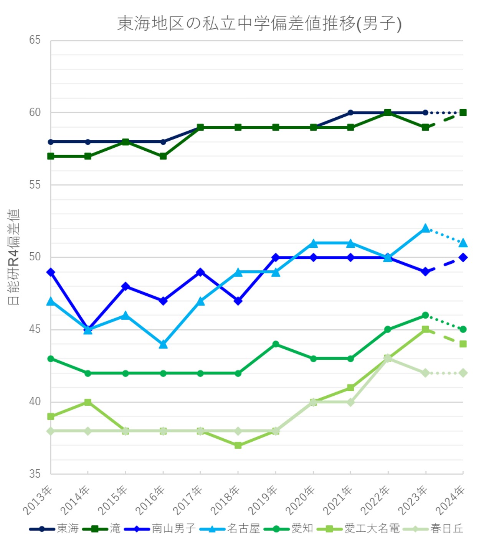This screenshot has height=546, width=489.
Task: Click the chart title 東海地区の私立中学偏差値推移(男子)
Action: tap(259, 23)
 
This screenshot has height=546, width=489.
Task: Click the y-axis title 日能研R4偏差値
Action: tap(13, 257)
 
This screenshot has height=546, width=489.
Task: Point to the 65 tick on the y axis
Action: tap(35, 40)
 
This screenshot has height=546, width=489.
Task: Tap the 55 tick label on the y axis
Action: tap(35, 185)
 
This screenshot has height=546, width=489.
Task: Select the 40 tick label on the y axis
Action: tap(35, 402)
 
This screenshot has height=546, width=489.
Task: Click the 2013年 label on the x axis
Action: tap(38, 500)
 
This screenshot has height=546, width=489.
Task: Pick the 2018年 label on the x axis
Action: tap(226, 500)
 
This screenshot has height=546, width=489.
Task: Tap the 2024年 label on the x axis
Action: tap(450, 500)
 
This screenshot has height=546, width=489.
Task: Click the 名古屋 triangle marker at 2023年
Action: tap(425, 229)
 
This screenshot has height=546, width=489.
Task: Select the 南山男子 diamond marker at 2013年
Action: tap(51, 272)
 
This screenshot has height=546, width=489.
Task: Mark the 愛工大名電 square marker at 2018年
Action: tap(238, 446)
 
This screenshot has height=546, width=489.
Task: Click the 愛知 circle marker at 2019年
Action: tap(276, 344)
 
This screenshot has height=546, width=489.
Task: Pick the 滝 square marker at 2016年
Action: tap(163, 156)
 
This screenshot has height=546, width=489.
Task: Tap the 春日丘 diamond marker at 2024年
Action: tap(463, 373)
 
